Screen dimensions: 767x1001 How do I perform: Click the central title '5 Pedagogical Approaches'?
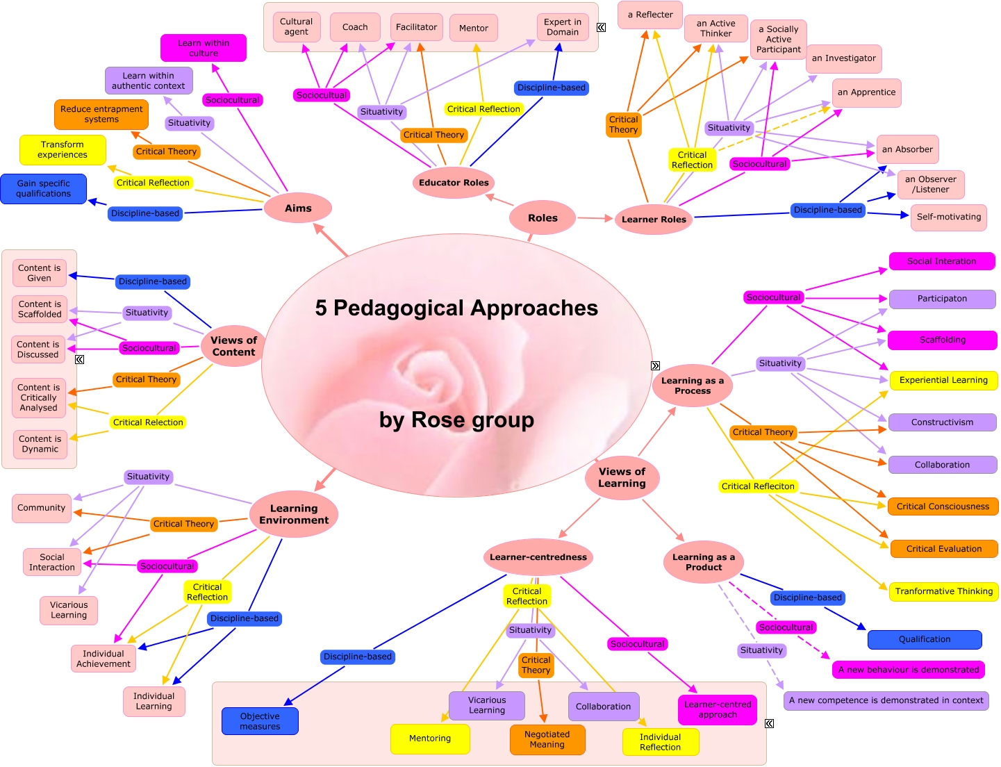coord(456,308)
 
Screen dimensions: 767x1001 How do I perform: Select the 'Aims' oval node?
coord(298,208)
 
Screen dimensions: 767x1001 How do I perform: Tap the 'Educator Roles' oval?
coord(454,183)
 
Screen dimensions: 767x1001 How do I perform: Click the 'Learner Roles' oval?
coord(653,220)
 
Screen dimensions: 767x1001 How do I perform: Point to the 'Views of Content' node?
coord(233,346)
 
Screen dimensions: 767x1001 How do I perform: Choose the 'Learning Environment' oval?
coord(294,514)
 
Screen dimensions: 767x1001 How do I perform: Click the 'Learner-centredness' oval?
coord(538,557)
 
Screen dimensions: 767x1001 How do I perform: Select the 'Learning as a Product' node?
coord(703,562)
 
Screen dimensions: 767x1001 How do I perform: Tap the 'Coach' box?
coord(355,27)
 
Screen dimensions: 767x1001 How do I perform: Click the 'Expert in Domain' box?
coord(563,27)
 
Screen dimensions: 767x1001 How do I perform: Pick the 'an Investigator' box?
coord(843,58)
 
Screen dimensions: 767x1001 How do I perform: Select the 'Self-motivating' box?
coord(948,217)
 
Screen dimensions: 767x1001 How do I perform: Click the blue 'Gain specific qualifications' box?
coord(44,189)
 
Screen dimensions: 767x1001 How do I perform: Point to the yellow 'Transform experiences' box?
coord(63,150)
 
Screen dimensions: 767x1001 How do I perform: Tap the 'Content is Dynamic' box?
coord(40,444)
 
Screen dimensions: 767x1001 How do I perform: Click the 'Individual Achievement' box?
coord(104,659)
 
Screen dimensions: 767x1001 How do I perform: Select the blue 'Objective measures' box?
coord(260,721)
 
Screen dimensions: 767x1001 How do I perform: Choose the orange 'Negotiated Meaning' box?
coord(547,739)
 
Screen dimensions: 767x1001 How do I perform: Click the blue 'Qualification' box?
coord(924,639)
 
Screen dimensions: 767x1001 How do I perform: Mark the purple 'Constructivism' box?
coord(942,422)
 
